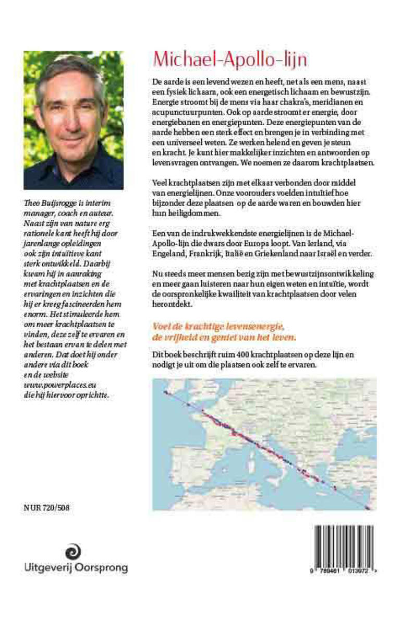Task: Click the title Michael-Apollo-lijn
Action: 229,60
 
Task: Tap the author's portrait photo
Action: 74,120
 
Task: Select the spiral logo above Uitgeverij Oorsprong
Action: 73,552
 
